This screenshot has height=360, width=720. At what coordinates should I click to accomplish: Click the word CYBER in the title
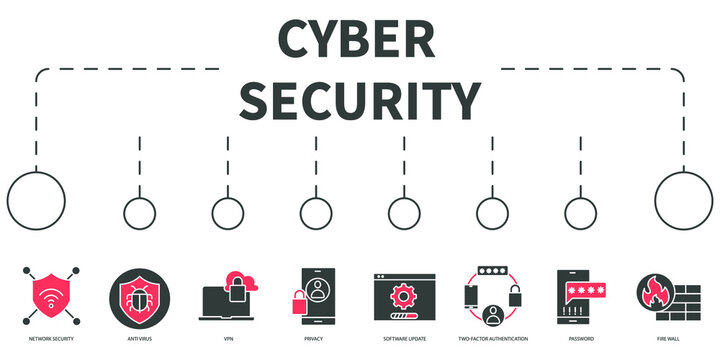357,40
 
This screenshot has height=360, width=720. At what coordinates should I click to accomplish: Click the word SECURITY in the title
360,100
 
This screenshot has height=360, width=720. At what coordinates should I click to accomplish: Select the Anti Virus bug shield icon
140,295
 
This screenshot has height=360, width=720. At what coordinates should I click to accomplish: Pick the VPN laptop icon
228,297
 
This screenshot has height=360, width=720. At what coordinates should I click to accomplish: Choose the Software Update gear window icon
403,297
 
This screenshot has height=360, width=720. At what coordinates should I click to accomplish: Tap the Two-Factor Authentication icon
492,297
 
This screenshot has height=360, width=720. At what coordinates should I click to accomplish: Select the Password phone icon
579,297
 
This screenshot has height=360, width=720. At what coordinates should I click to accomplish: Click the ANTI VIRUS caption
140,339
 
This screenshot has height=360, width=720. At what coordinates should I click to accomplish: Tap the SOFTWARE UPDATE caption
403,339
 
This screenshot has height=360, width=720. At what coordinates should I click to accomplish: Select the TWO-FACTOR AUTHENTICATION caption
492,339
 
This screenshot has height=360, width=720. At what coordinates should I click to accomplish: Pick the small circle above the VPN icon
228,213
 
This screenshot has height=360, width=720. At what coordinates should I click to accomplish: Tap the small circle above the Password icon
580,213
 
